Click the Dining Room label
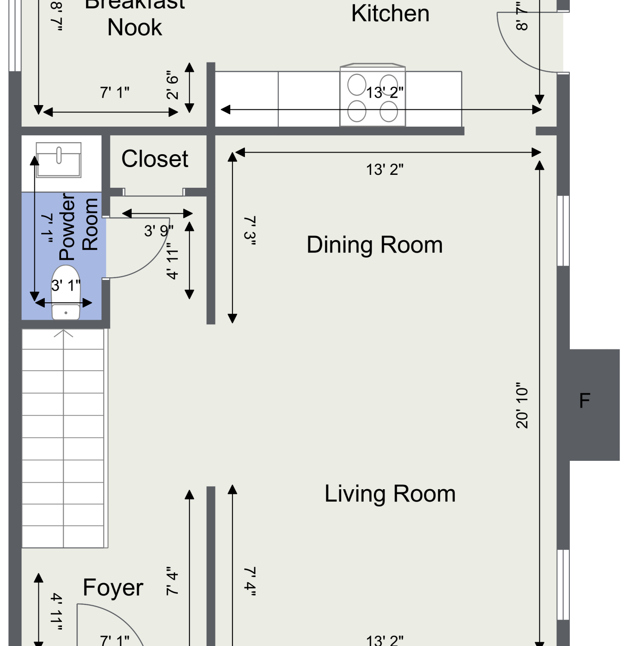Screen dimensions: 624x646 [x=374, y=245]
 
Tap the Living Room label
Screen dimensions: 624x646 [x=390, y=494]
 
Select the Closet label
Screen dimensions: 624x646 [x=154, y=158]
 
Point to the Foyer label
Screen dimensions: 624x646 [x=113, y=588]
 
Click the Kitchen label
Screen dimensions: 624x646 [x=390, y=13]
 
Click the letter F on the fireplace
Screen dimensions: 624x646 [x=584, y=401]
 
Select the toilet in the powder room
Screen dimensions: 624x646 [x=66, y=293]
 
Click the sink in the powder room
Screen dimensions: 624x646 [x=59, y=160]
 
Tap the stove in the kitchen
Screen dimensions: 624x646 [x=373, y=96]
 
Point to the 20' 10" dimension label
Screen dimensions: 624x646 [x=522, y=405]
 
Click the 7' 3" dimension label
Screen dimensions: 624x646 [x=250, y=231]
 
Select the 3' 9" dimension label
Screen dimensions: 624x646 [x=159, y=231]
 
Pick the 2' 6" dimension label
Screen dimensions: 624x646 [x=172, y=85]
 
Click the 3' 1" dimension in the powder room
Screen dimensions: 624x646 [x=66, y=285]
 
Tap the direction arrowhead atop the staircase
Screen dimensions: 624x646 [x=64, y=333]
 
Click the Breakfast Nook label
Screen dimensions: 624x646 [x=135, y=17]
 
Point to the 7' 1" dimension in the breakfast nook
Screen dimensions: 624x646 [x=115, y=93]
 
